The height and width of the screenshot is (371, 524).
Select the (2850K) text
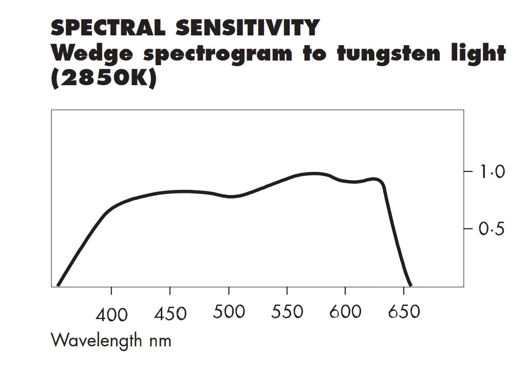point(103,79)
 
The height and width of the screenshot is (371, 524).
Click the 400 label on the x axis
point(111,314)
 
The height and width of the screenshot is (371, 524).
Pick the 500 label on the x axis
point(229,312)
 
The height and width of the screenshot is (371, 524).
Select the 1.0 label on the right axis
point(492,172)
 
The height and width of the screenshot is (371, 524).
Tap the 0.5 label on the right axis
point(492,229)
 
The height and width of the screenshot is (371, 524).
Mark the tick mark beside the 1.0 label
point(469,171)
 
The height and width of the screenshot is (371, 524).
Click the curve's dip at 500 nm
point(231,197)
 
